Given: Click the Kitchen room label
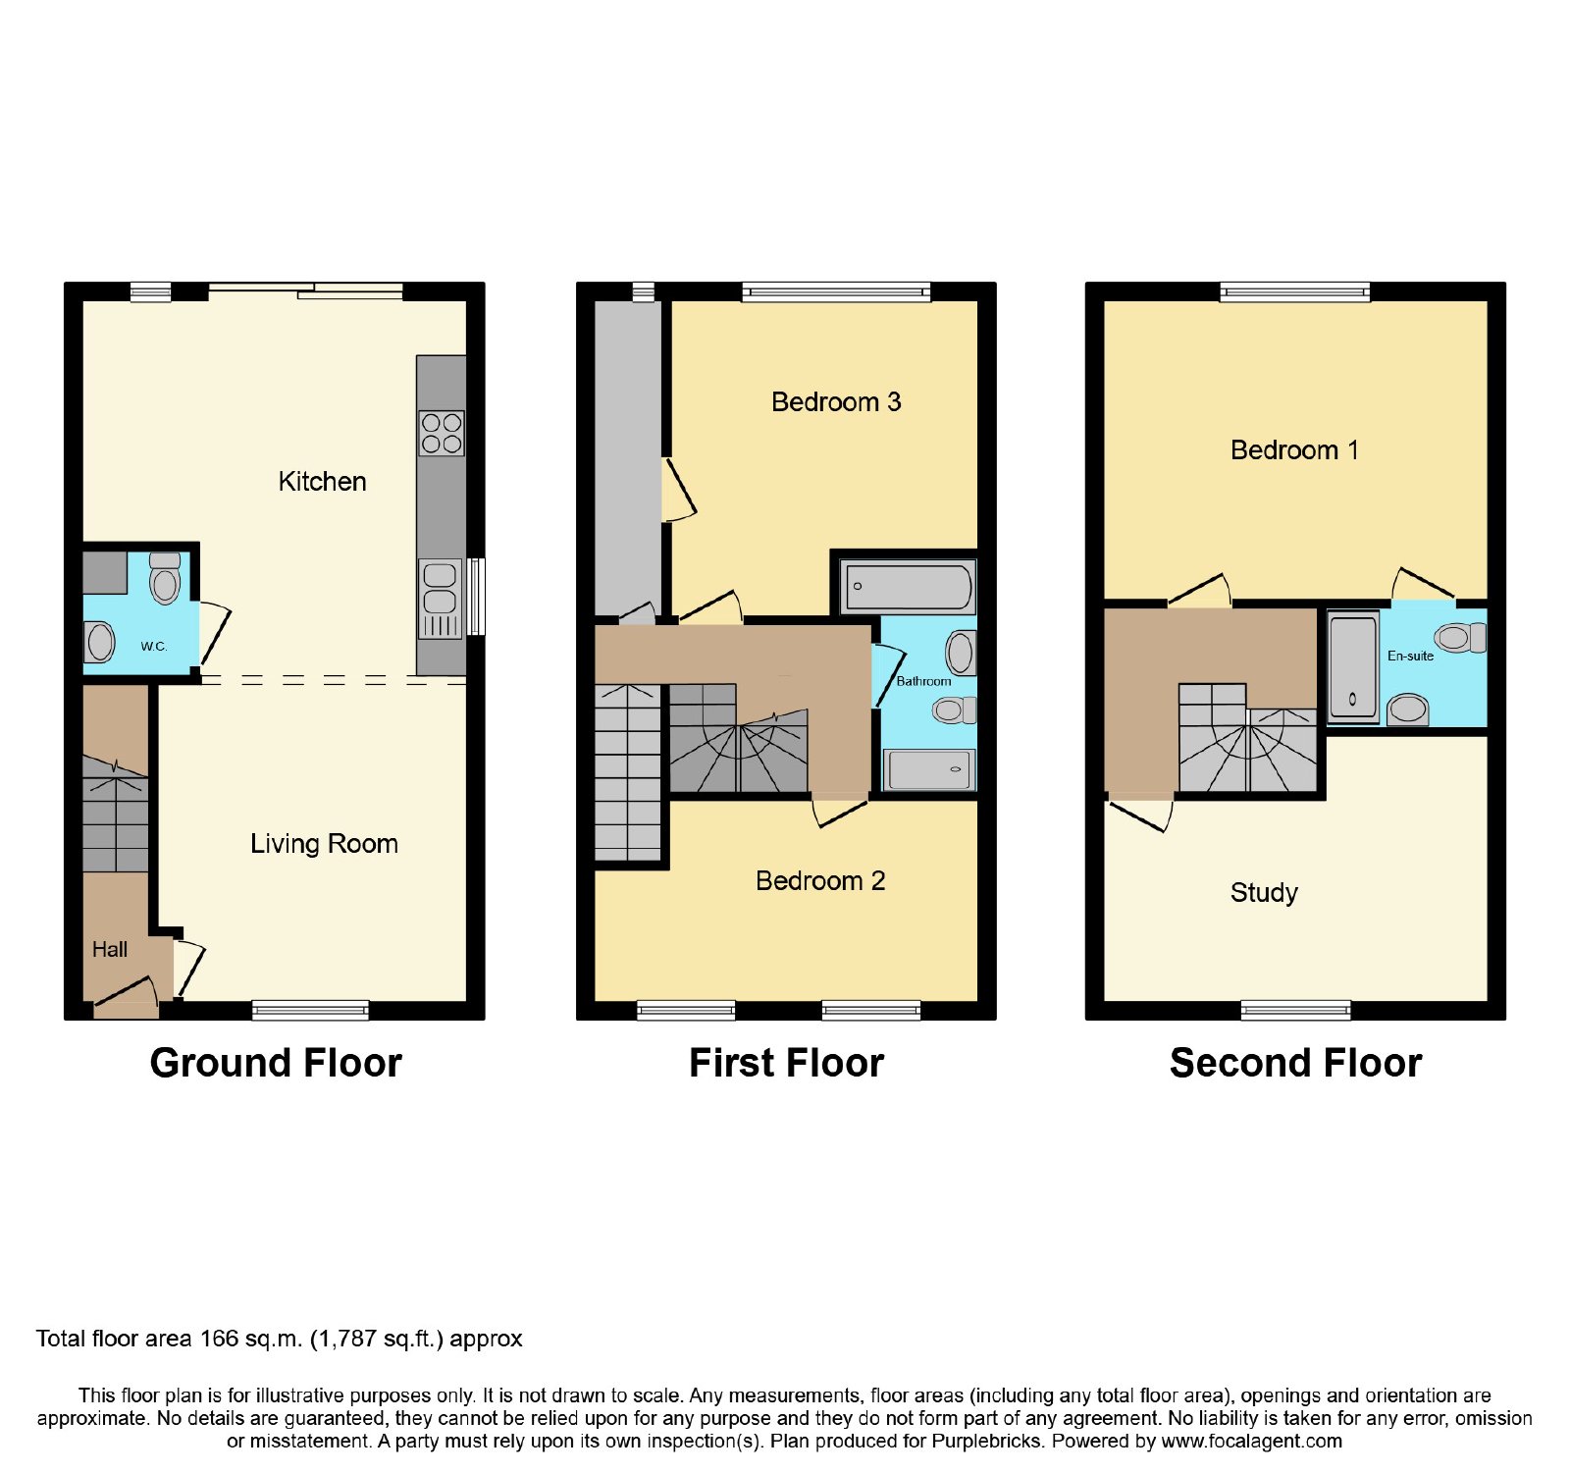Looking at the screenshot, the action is pos(322,482).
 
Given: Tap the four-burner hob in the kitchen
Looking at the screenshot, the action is pos(442,433).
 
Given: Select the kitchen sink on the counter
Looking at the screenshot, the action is pos(441,599).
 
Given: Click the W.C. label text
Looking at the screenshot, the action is pos(154,646).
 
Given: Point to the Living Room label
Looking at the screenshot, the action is pos(324,844).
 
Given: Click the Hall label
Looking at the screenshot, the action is pos(110,949).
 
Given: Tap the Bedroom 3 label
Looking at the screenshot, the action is pos(836,402).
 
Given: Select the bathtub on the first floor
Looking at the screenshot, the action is pos(908,587).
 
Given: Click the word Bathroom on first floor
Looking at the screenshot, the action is pos(923,681).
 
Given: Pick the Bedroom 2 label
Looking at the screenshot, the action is pos(820,881).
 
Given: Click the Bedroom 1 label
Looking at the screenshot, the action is pos(1294,450).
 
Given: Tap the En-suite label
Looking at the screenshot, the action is pos(1410,656).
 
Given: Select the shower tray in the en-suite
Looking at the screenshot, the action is pos(1353,666).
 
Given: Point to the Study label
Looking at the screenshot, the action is pos(1264,893).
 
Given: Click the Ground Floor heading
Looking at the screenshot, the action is pos(276,1063).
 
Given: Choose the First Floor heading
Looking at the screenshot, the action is pos(786,1063).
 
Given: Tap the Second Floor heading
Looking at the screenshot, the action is pos(1295,1063).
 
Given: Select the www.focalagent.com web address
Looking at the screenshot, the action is pos(1251,1442).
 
